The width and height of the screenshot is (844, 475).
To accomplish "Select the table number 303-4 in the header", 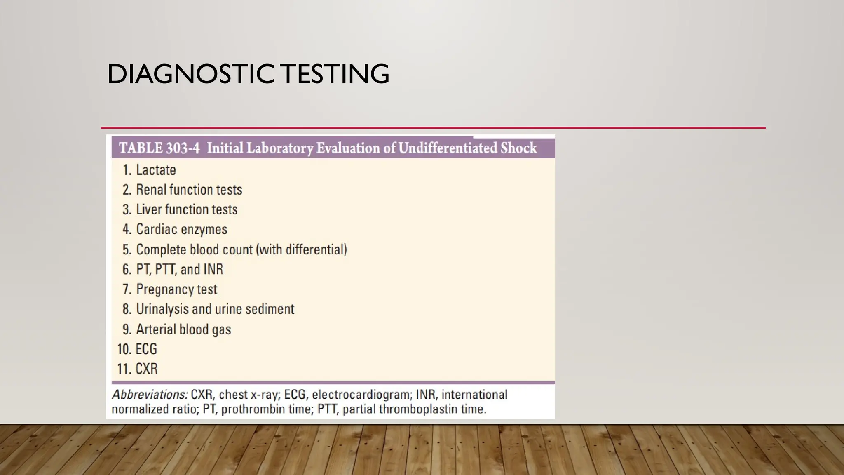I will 183,148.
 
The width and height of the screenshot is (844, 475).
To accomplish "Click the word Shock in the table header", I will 518,148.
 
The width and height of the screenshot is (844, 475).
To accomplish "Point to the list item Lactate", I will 156,170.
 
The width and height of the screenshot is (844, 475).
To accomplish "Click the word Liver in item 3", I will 149,209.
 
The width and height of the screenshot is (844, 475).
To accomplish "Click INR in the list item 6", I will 213,269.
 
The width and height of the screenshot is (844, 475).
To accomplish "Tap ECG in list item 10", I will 146,349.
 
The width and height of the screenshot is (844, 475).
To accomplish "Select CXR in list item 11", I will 147,369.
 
